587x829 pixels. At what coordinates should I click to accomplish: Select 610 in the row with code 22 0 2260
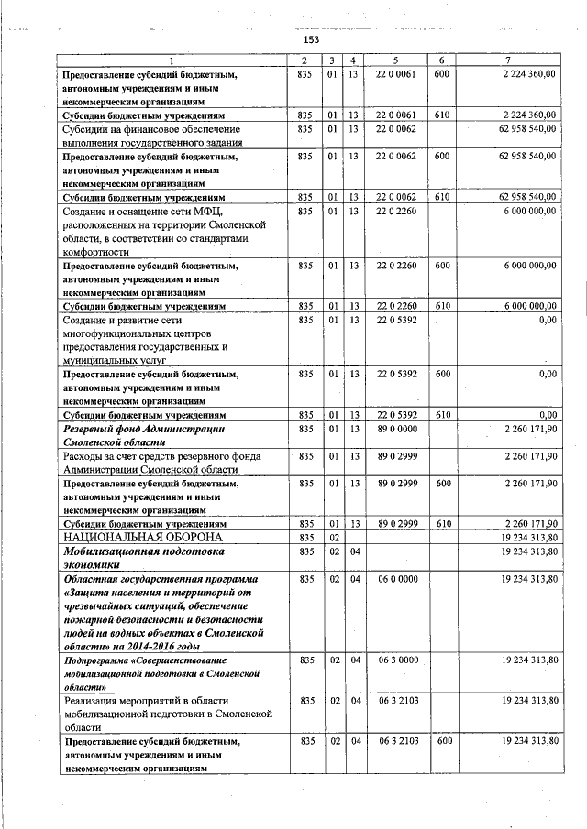[441, 306]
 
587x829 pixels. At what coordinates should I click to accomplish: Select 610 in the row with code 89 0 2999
[441, 523]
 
